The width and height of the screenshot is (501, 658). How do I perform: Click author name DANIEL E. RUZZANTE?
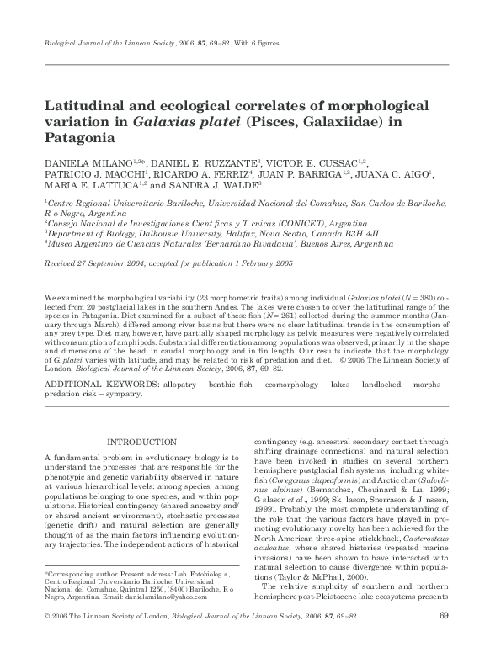[x=203, y=162]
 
